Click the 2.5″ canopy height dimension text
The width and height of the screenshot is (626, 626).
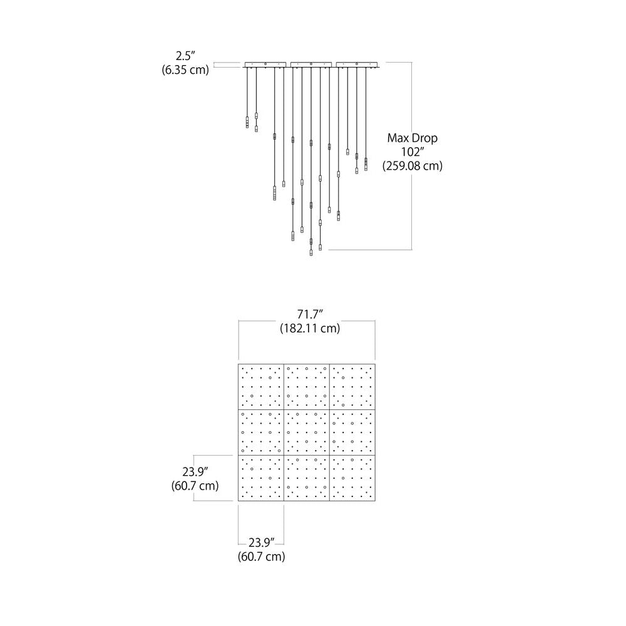pyautogui.click(x=185, y=56)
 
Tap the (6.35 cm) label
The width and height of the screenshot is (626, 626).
pyautogui.click(x=185, y=70)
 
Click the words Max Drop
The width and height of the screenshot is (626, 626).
pyautogui.click(x=413, y=138)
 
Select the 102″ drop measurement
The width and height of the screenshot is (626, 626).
pyautogui.click(x=413, y=151)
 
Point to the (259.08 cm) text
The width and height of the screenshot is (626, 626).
pyautogui.click(x=413, y=166)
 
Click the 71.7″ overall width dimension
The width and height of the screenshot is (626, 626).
pyautogui.click(x=310, y=314)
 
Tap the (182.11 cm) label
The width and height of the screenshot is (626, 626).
pyautogui.click(x=310, y=328)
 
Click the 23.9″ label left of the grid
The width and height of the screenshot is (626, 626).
pyautogui.click(x=195, y=471)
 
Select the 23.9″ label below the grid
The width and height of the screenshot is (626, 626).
pyautogui.click(x=262, y=543)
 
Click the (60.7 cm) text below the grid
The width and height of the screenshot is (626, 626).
pyautogui.click(x=262, y=556)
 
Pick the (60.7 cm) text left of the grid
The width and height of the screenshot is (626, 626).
pyautogui.click(x=195, y=486)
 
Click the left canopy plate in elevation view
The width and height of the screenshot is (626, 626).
pyautogui.click(x=265, y=64)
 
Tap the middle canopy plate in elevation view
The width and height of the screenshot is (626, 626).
pyautogui.click(x=311, y=64)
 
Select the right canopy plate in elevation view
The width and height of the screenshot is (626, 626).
pyautogui.click(x=357, y=64)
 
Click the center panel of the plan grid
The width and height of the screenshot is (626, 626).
pyautogui.click(x=307, y=433)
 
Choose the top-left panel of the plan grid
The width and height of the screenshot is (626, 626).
pyautogui.click(x=261, y=387)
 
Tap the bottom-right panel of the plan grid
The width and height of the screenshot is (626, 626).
pyautogui.click(x=352, y=478)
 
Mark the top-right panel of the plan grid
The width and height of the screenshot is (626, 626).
pyautogui.click(x=352, y=387)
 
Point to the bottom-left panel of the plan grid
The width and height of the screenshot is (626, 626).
pyautogui.click(x=261, y=478)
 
